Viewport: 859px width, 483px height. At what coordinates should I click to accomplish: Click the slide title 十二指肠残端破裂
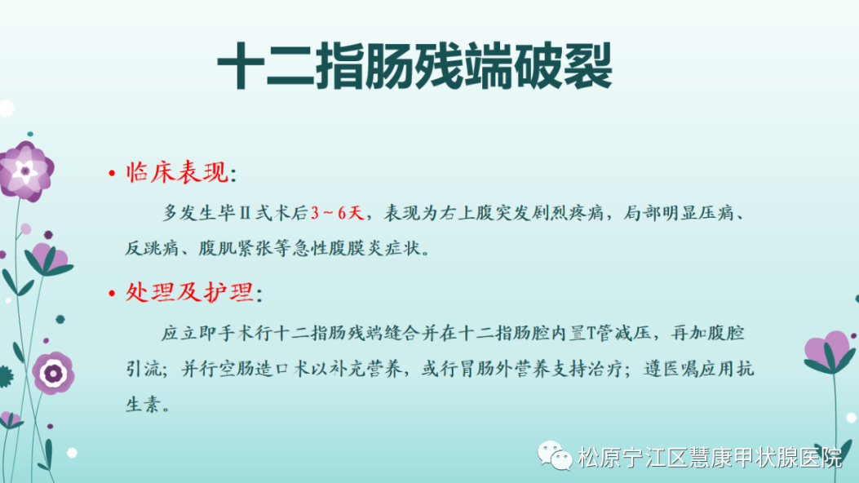414,67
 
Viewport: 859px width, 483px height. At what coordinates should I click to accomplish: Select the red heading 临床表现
177,172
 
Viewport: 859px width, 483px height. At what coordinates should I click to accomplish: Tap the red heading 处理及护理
189,292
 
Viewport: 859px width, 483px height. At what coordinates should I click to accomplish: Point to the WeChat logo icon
555,455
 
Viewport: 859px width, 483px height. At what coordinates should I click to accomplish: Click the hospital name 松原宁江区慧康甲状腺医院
710,457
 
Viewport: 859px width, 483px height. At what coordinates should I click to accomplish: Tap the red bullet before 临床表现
112,174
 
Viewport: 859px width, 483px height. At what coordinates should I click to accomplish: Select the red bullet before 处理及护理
112,294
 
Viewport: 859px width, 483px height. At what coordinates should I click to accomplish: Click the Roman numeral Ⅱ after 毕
246,213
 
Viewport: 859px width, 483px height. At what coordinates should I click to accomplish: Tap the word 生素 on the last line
144,405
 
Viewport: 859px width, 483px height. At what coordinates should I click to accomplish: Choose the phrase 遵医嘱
671,369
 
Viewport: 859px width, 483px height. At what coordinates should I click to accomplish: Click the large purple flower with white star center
26,171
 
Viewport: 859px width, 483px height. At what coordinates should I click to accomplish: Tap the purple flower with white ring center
53,374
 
